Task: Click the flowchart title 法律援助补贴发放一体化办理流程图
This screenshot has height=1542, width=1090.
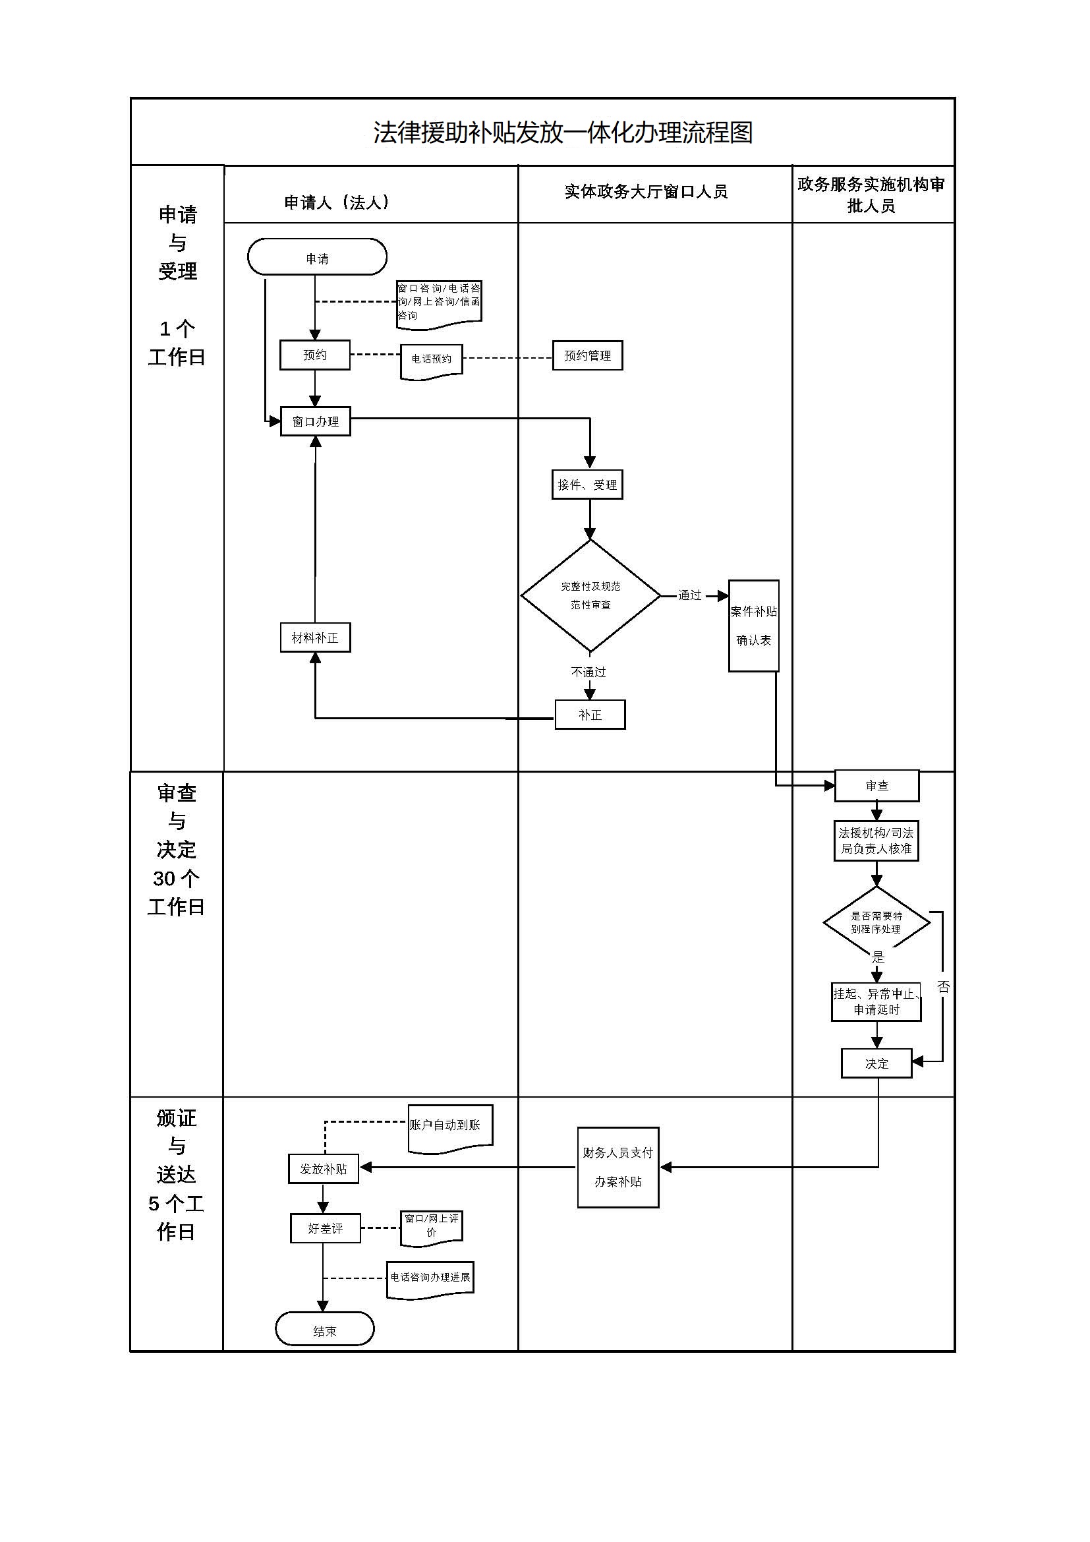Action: click(562, 133)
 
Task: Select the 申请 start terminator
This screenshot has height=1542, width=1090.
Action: click(317, 257)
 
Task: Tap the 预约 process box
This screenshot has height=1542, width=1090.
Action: click(315, 355)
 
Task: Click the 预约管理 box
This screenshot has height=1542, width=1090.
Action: click(587, 356)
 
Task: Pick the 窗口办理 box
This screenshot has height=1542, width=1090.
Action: click(316, 422)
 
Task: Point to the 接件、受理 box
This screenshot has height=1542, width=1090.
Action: click(587, 485)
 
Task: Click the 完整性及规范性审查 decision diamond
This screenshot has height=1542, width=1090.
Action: click(590, 596)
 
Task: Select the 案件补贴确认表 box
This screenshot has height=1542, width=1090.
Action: click(754, 626)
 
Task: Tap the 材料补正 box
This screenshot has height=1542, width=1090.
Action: click(315, 638)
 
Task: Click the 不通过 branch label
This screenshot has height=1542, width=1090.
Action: click(588, 672)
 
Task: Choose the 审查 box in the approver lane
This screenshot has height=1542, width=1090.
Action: click(876, 786)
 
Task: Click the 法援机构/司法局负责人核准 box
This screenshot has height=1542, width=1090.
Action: click(876, 841)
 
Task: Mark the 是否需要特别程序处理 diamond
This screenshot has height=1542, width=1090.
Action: click(876, 923)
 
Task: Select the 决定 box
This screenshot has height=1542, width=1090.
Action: click(876, 1064)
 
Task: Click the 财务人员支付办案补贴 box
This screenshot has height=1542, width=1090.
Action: click(617, 1168)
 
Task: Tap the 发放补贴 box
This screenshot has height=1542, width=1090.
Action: click(324, 1170)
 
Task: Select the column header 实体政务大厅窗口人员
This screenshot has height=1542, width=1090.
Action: click(646, 192)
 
